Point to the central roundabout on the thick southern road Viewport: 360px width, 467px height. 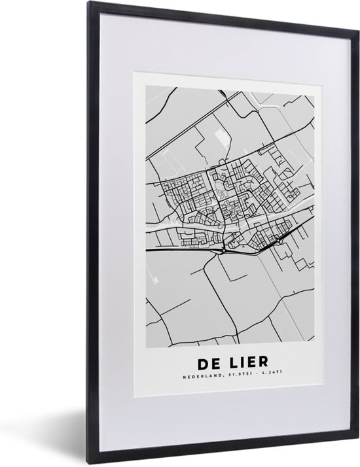(x=224, y=249)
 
